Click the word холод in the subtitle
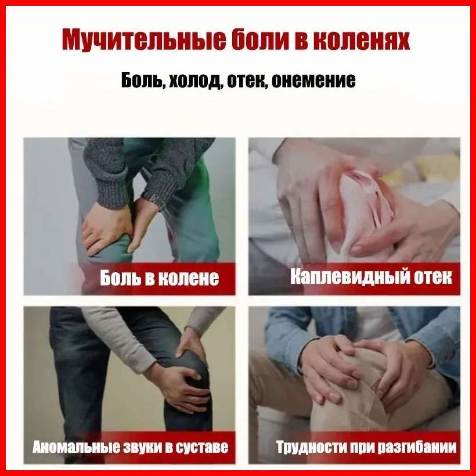194,81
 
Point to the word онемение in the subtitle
313,81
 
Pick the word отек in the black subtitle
246,81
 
